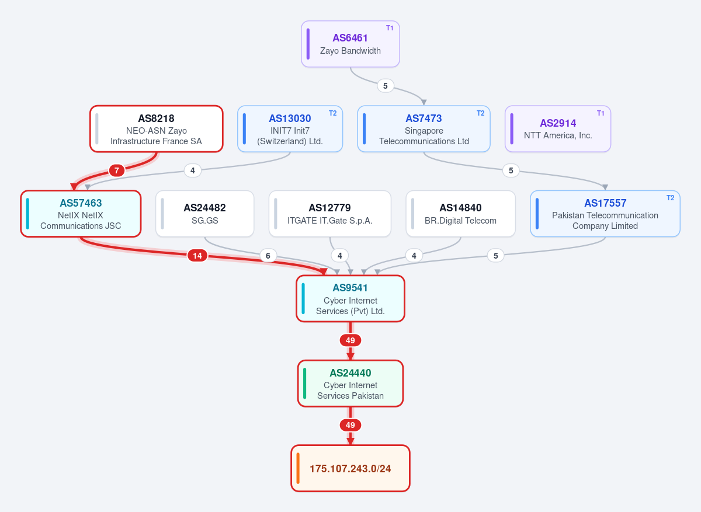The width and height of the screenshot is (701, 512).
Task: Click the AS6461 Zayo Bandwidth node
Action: coord(350,44)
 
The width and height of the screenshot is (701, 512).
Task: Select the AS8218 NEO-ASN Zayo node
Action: coord(156,129)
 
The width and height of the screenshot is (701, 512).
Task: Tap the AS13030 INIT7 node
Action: coord(290,129)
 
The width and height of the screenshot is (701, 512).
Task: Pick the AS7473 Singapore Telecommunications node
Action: coord(424,129)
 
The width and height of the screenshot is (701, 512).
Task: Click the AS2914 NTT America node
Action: coord(558,129)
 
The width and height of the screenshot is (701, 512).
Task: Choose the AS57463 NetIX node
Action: coord(81,214)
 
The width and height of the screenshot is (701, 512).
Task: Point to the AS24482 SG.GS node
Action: coord(204,214)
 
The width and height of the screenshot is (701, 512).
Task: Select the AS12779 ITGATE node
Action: coord(330,214)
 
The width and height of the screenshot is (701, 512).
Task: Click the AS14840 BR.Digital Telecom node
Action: coord(460,214)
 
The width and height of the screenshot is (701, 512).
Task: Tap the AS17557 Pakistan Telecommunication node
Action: coord(605,214)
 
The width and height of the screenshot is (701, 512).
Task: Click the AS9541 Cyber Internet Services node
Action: coord(350,299)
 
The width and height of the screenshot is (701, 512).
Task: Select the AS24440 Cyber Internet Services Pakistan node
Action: coord(350,384)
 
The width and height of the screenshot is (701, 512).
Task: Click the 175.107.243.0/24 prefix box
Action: coord(350,468)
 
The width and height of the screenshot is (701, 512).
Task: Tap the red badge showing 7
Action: coord(117,170)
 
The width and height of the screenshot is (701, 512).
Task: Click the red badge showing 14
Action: coord(197,256)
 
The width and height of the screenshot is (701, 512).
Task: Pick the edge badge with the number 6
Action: coord(268,256)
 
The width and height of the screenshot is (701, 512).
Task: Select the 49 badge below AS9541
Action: coord(350,340)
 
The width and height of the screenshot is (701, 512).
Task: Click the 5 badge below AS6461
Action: coord(385,86)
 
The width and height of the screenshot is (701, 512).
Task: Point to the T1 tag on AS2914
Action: coord(601,113)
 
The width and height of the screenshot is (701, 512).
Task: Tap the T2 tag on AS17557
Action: coord(670,198)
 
